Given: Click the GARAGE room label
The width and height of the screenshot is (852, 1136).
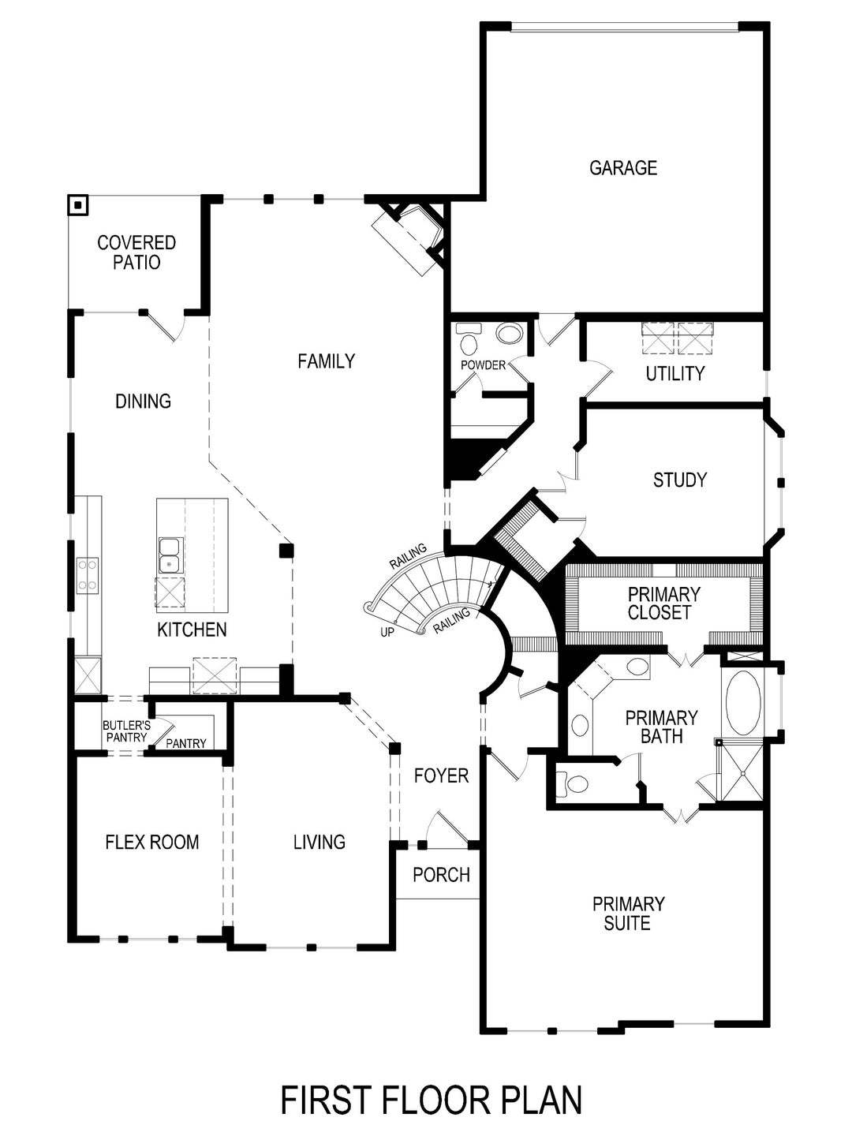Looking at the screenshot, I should click(x=622, y=167).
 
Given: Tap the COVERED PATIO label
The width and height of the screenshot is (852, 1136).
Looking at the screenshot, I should click(x=136, y=252).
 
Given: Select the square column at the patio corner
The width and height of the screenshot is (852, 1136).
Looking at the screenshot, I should click(x=77, y=206).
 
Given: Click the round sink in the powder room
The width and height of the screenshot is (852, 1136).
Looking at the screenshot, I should click(x=509, y=333).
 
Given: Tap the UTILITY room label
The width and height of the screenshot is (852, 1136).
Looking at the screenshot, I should click(x=674, y=373).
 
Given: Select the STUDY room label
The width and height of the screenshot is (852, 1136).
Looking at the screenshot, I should click(x=679, y=480).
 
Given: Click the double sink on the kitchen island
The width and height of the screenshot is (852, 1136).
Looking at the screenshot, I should click(x=170, y=555).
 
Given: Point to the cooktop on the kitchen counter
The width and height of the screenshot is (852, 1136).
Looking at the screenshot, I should click(x=87, y=575).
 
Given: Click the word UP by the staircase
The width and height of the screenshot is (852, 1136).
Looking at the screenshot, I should click(x=387, y=632).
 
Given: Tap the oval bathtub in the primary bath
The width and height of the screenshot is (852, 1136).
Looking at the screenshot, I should click(x=742, y=702).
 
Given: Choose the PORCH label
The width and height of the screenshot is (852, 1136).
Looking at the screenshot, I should click(x=441, y=875).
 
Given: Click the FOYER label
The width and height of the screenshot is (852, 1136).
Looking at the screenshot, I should click(x=441, y=776).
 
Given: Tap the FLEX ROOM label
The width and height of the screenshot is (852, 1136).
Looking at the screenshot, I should click(x=151, y=843).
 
